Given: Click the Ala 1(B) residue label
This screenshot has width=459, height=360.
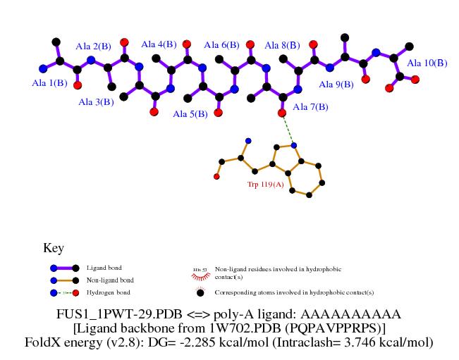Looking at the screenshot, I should tap(50, 82).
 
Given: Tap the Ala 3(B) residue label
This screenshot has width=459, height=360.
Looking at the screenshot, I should tap(96, 102).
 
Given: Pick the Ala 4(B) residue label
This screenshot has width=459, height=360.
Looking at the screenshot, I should tap(159, 44).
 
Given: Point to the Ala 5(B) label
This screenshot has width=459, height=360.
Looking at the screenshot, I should tap(190, 113).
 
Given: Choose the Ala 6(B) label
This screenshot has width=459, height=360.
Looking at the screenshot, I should tap(221, 45).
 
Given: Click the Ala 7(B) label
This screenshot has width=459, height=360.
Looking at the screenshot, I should tap(310, 107).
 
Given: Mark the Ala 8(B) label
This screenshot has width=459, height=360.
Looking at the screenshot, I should tap(282, 45).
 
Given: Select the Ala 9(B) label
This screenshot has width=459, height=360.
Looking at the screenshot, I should tap(336, 85).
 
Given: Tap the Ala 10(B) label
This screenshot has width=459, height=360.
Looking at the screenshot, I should tap(427, 63).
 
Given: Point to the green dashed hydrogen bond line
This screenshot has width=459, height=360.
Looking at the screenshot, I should tap(288, 129).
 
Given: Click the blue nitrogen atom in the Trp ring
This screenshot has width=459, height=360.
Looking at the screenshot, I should tap(294, 145).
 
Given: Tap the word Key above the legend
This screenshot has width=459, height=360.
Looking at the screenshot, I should tap(54, 248).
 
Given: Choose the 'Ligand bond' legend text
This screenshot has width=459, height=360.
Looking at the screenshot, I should tap(104, 268).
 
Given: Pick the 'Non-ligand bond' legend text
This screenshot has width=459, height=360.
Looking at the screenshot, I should tap(109, 280).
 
